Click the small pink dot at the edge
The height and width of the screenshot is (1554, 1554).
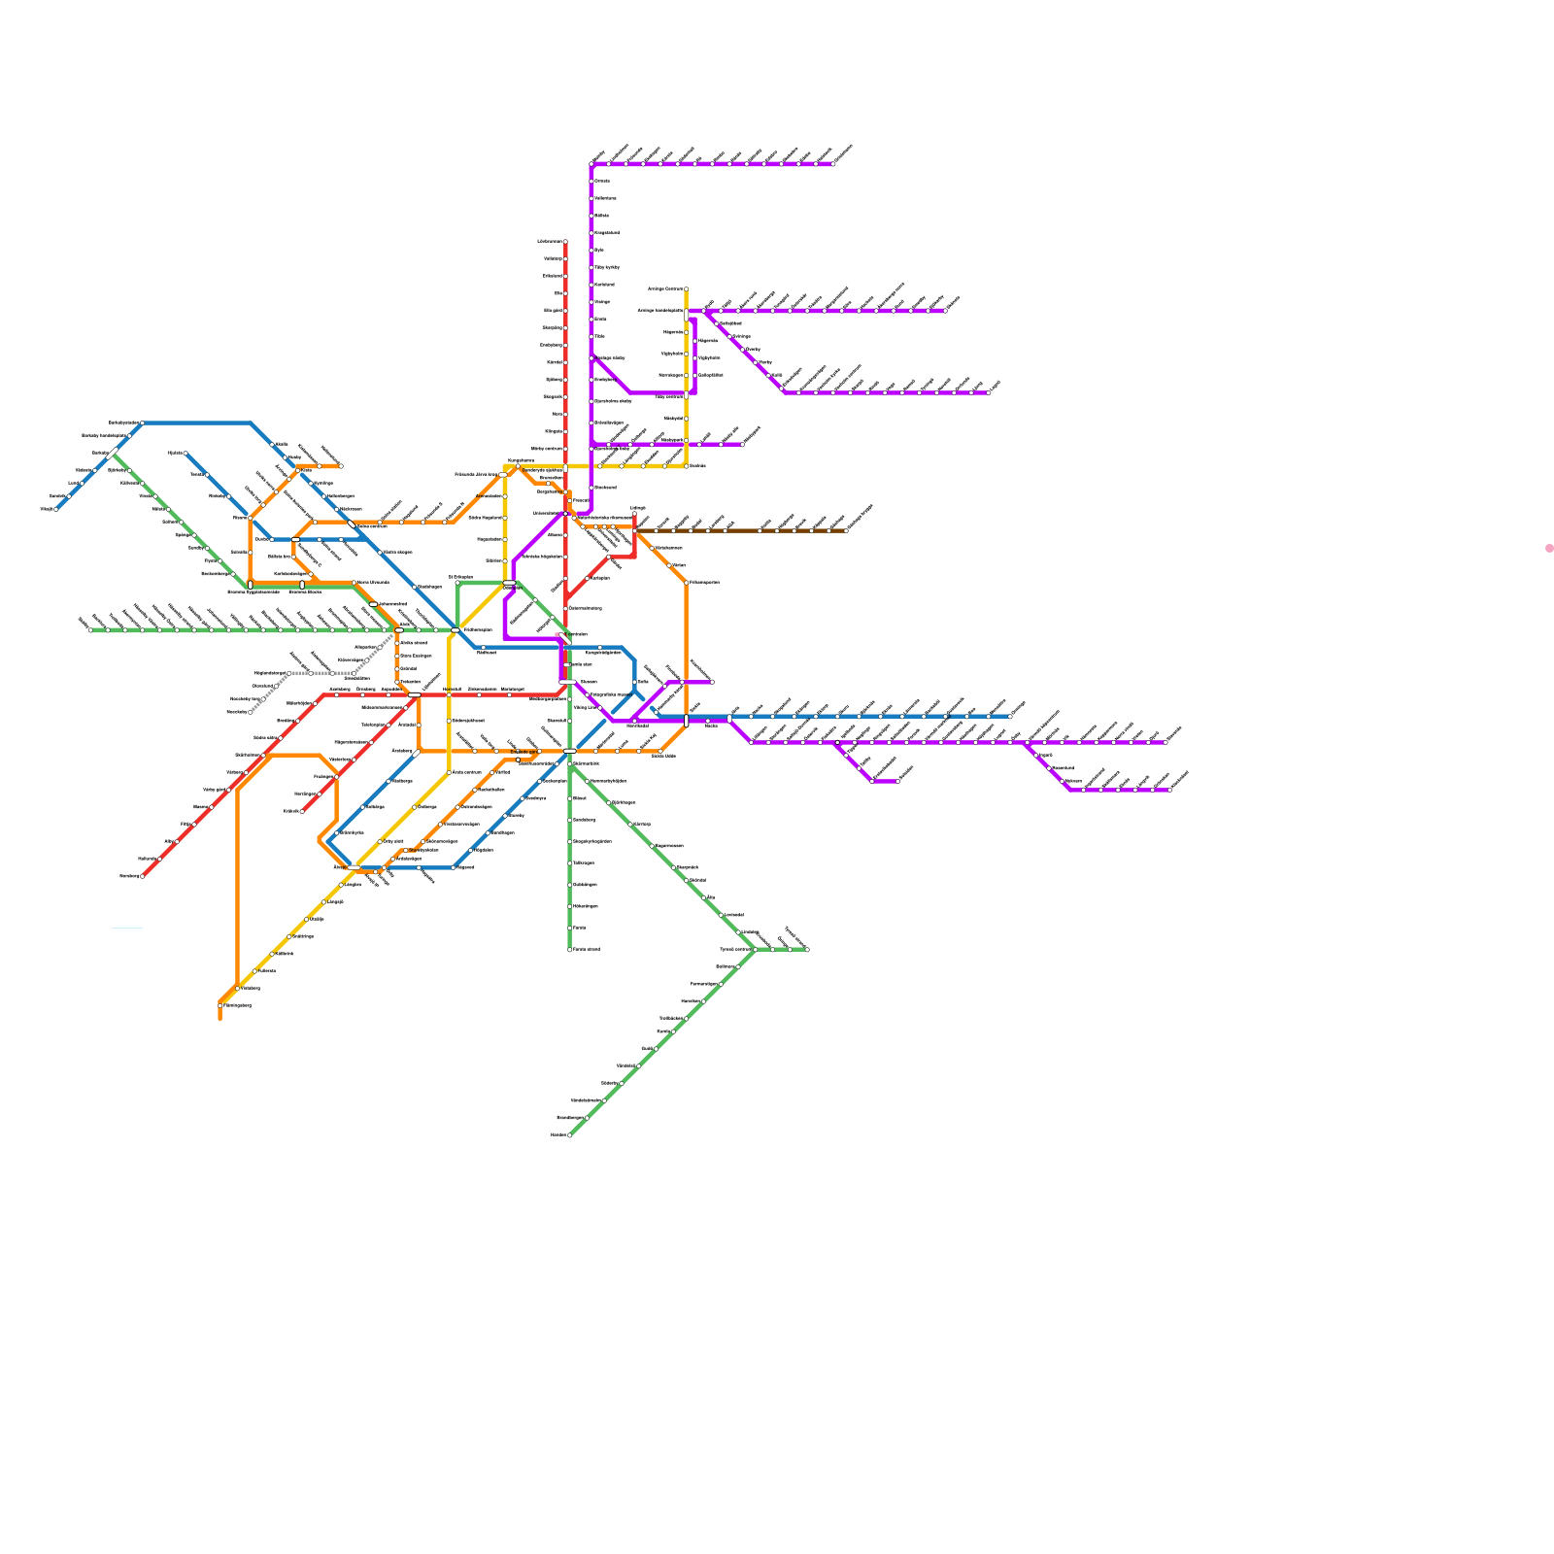tap(1549, 549)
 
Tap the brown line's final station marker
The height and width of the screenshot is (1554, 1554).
tap(847, 531)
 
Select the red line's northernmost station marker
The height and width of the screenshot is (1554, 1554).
tap(565, 242)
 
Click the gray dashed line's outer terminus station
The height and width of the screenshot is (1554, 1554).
tap(251, 712)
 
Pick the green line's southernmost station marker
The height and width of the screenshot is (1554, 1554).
tap(569, 1134)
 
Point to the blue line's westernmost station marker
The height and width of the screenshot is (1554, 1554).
tap(56, 509)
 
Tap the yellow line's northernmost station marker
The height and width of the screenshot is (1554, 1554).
tap(687, 289)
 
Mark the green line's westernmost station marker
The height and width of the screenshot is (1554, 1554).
tap(90, 630)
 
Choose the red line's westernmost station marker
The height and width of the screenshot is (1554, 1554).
tap(143, 876)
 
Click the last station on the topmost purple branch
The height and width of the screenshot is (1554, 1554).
tap(833, 164)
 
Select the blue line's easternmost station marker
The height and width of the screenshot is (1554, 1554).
tap(1010, 717)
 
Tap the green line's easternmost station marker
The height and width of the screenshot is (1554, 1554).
tap(807, 950)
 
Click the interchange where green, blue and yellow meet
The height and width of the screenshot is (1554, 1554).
tap(455, 630)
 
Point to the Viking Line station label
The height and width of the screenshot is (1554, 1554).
tap(587, 707)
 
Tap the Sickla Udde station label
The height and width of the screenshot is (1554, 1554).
tap(663, 756)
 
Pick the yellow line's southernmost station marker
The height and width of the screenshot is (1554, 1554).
tap(220, 1005)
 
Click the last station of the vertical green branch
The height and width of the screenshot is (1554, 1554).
tap(570, 950)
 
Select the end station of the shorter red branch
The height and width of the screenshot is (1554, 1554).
tap(302, 811)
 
